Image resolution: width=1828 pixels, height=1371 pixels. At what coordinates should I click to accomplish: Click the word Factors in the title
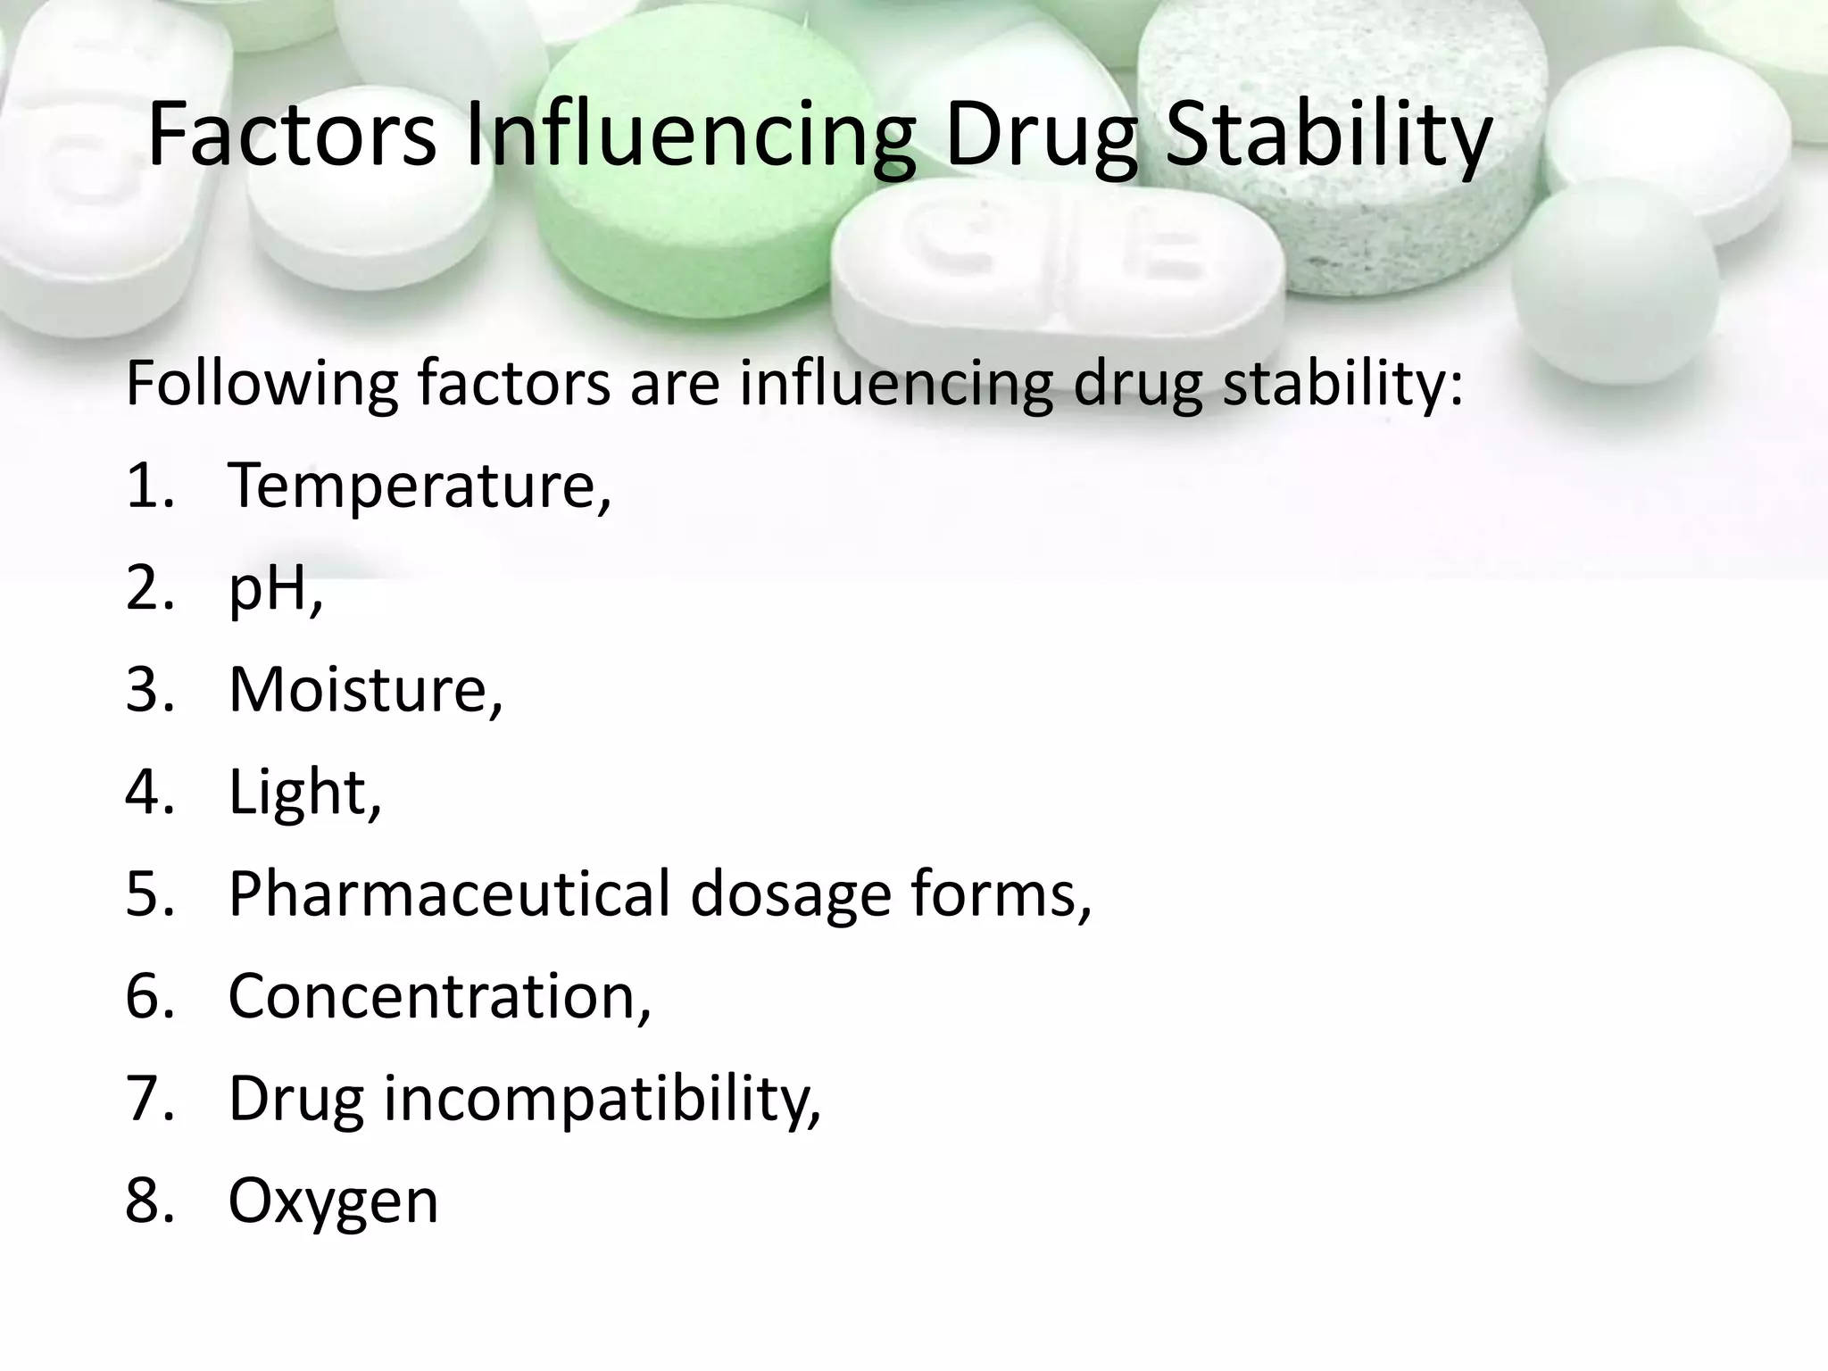(292, 136)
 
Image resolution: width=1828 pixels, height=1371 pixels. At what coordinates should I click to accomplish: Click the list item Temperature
(420, 486)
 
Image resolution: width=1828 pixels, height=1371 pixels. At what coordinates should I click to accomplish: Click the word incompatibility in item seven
(602, 1100)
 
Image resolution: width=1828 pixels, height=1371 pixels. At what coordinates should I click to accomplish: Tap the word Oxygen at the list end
(333, 1201)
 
